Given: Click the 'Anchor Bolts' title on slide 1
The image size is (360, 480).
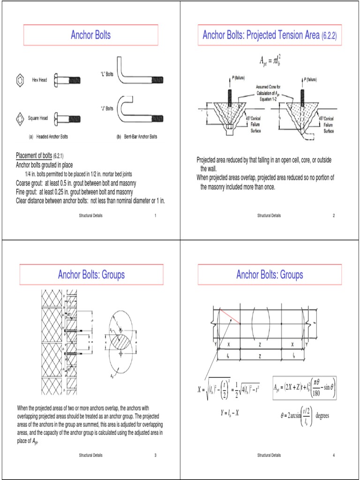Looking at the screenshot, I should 90,35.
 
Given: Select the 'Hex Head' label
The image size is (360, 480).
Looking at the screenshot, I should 39,80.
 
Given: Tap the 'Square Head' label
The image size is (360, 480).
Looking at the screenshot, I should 37,118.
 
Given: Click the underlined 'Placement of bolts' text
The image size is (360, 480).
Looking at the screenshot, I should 34,155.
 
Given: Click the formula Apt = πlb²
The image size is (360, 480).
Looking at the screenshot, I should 270,60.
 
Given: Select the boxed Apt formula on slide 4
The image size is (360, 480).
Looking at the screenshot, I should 304,389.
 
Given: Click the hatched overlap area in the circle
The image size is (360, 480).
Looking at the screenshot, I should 121,337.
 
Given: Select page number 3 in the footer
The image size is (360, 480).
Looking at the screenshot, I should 155,455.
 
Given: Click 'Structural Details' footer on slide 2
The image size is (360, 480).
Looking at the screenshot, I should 269,215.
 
